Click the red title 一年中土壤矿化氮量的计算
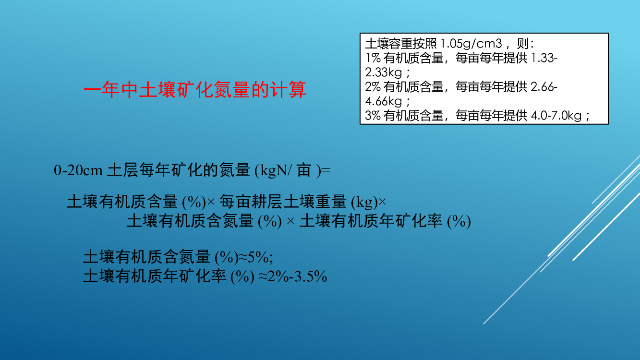click(195, 90)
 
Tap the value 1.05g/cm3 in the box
click(471, 44)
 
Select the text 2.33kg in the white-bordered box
click(384, 72)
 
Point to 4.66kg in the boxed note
click(384, 101)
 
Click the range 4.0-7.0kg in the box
click(556, 116)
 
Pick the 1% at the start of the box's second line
click(373, 58)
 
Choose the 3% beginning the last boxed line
click(373, 116)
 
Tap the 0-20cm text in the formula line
click(78, 170)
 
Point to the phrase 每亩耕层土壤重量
click(283, 202)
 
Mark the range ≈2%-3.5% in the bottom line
click(292, 276)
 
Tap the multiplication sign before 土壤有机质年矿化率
click(290, 221)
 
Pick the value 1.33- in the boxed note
click(544, 58)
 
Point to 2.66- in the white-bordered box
click(544, 87)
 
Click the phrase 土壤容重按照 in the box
click(401, 44)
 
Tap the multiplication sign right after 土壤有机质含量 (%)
click(211, 202)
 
